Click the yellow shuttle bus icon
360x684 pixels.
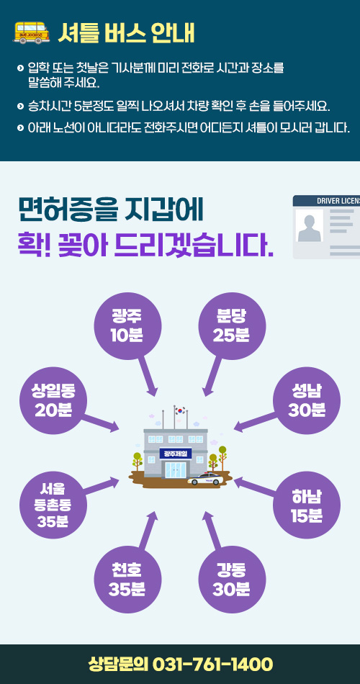point(32,32)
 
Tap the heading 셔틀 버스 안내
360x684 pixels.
point(126,33)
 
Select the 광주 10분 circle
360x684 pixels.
point(128,326)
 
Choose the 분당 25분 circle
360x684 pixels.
point(232,326)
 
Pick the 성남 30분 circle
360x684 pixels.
point(306,400)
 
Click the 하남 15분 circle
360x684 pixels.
point(306,505)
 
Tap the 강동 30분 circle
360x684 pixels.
point(232,580)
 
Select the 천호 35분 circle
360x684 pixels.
point(128,580)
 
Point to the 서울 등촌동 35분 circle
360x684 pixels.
point(53,505)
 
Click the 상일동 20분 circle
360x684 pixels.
point(53,400)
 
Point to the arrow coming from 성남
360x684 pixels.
point(256,422)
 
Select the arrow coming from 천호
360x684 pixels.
point(148,530)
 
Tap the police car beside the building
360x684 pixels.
point(205,479)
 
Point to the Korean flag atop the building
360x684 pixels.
point(180,410)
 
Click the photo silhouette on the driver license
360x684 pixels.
point(309,226)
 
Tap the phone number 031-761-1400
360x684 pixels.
point(212,665)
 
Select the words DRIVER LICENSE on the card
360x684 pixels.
point(338,201)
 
